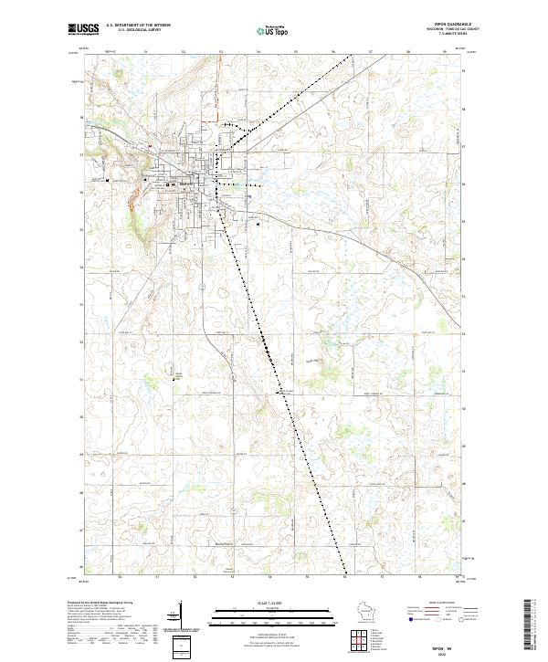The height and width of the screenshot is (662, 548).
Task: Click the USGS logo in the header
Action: click(83, 30)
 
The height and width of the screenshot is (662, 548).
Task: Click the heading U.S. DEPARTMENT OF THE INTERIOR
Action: click(138, 26)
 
